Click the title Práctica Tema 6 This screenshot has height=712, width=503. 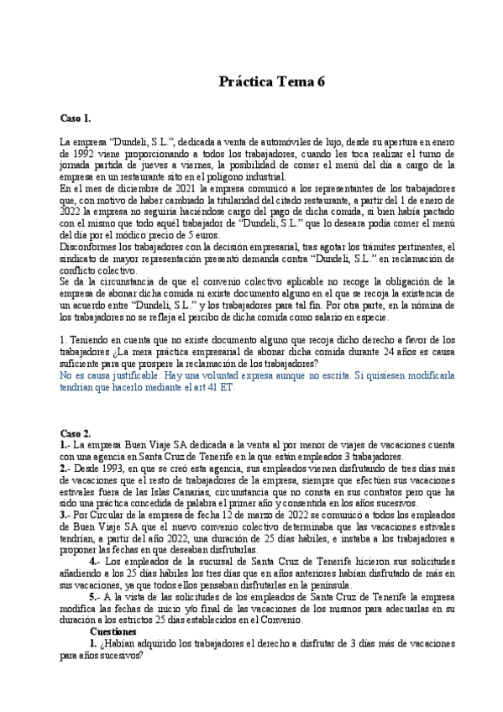coord(271,81)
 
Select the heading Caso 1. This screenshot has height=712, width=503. coord(76,118)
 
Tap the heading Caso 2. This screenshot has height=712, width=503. coord(76,432)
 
